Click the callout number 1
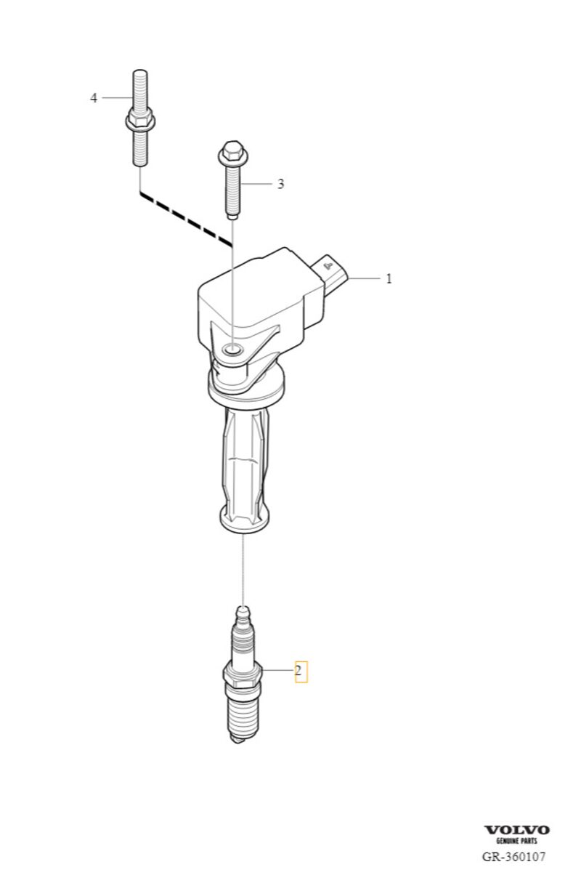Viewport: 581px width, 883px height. click(x=389, y=278)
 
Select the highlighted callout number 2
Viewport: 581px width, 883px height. click(x=299, y=670)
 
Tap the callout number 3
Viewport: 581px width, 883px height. click(x=280, y=184)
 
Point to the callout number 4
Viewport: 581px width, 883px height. click(x=94, y=97)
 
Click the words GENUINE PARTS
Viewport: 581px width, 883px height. click(x=516, y=841)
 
